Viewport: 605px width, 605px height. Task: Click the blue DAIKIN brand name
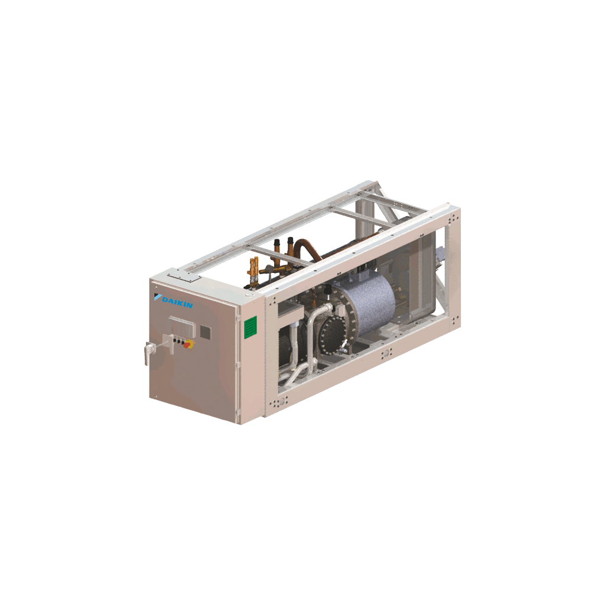(177, 302)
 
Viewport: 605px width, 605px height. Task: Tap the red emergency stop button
(188, 344)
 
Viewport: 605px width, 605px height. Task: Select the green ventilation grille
(251, 327)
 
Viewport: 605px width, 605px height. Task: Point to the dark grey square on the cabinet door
(205, 332)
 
